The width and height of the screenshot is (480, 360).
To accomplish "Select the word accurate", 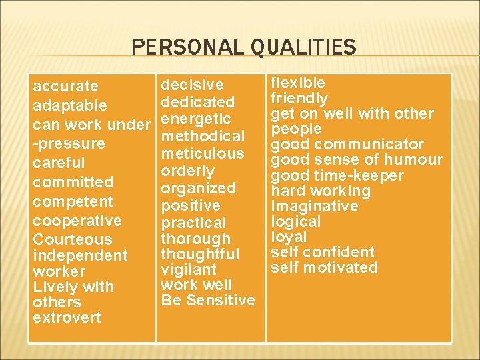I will (65, 86).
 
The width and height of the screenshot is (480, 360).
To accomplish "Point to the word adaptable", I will (69, 105).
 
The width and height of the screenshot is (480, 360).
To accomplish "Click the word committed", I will (73, 182).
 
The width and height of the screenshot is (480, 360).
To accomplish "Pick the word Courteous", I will (73, 239).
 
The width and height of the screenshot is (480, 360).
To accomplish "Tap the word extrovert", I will (67, 317).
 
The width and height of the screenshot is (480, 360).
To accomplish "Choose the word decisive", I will (193, 85).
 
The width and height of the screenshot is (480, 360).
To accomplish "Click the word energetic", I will (196, 119).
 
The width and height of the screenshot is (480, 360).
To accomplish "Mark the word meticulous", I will (203, 153).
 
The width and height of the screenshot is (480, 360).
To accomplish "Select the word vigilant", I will (189, 269).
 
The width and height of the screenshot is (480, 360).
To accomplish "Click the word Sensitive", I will (221, 300).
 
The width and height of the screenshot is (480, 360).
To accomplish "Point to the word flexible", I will (297, 83).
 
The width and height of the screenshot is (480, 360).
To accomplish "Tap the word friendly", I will (299, 98).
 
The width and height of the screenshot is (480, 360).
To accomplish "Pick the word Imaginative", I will (314, 206).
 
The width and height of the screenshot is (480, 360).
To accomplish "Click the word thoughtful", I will (200, 254).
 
